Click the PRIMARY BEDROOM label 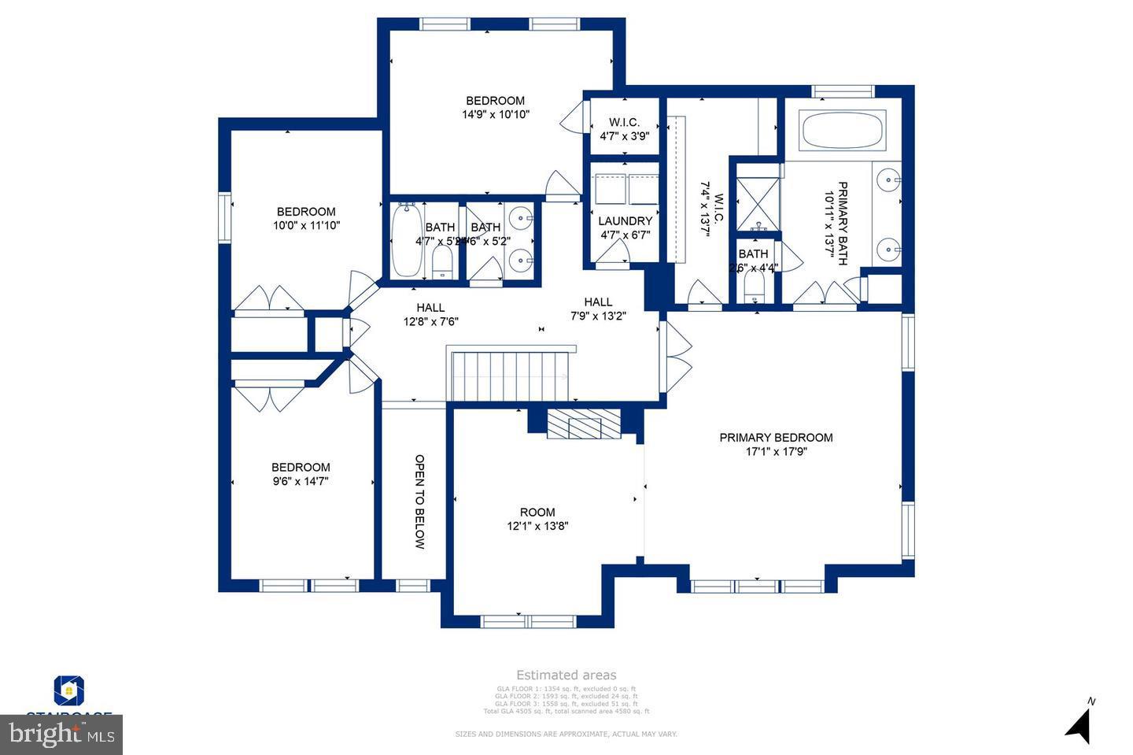tap(776, 438)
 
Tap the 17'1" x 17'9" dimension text tap(776, 452)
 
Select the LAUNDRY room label tap(625, 221)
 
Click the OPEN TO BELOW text tap(419, 501)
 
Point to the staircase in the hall tap(510, 376)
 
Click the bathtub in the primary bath tap(842, 129)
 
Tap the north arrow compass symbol tap(1079, 723)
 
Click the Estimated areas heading tap(566, 675)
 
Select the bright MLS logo tap(61, 735)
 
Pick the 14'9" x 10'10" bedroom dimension tap(495, 114)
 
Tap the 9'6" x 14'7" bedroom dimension tap(301, 481)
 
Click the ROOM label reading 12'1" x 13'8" tap(537, 513)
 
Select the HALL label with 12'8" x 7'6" tap(430, 308)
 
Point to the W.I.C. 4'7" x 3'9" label tap(624, 123)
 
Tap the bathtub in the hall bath tap(406, 241)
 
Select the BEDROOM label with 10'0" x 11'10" tap(306, 212)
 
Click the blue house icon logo tap(69, 690)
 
